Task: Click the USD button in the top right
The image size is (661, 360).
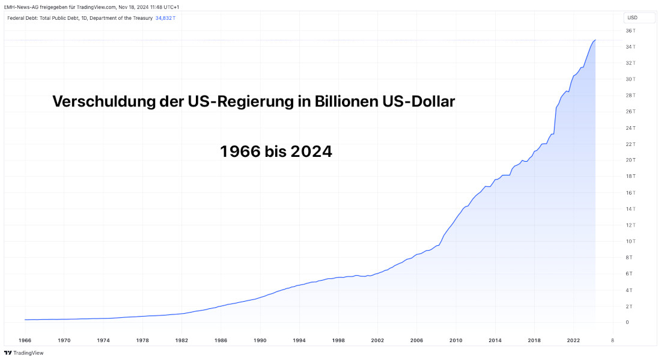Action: coord(632,18)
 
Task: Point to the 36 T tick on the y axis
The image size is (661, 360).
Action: coord(630,31)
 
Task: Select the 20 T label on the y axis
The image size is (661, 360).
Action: coord(630,160)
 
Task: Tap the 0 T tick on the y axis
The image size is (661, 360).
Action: coord(629,322)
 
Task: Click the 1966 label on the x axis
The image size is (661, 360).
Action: coord(25,340)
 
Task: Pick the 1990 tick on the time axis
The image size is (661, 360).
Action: coord(260,340)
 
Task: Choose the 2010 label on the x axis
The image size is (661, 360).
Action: coord(455,340)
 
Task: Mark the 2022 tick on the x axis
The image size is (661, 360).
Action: coord(573,340)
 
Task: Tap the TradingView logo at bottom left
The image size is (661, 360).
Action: coord(24,353)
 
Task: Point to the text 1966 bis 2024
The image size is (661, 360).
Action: coord(276,151)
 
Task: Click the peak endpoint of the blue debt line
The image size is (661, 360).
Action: coord(595,40)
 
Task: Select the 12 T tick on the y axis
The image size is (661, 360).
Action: coord(630,225)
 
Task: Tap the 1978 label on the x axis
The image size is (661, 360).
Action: coord(142,340)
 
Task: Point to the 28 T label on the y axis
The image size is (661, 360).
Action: coord(630,95)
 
